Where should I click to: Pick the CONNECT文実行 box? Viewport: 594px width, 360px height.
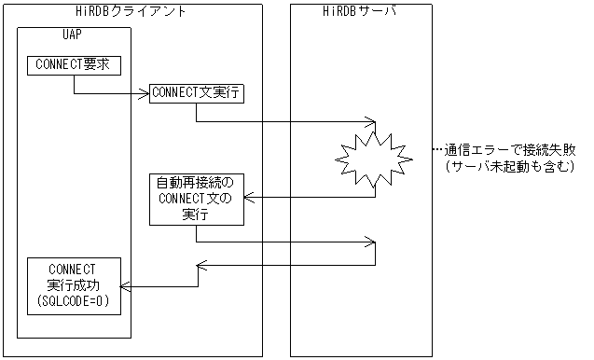click(x=196, y=93)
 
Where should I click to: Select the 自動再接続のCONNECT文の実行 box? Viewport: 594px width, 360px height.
click(x=196, y=198)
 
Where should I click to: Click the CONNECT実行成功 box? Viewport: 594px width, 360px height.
click(x=78, y=284)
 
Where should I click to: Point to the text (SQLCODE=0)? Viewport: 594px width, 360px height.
click(x=78, y=301)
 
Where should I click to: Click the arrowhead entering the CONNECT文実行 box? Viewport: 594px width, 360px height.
click(x=145, y=93)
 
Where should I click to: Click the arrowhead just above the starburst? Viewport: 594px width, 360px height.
click(x=371, y=121)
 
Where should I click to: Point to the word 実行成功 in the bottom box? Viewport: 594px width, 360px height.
click(x=78, y=285)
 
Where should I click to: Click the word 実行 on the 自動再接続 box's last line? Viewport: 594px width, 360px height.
click(x=196, y=214)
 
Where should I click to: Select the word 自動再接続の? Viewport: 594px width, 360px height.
click(x=196, y=182)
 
